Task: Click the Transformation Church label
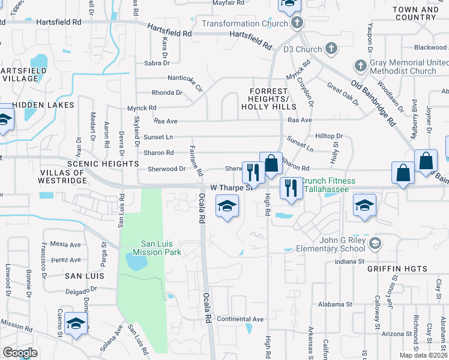[x=245, y=24]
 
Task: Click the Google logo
[x=20, y=353]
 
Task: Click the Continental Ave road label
[x=240, y=319]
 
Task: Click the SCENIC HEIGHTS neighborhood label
[x=103, y=163]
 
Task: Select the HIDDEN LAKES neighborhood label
[x=43, y=105]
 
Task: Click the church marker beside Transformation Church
[x=295, y=24]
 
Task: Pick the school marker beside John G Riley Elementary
[x=375, y=243]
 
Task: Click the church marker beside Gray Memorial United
[x=361, y=65]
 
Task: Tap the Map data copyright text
[x=424, y=355]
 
